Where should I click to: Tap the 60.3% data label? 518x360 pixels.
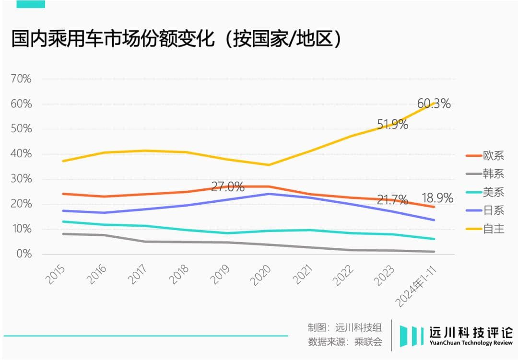434,104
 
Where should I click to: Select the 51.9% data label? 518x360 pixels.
392,125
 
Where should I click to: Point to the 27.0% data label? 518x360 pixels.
228,187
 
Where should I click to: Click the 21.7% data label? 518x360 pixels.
392,199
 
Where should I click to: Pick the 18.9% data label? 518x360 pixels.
437,198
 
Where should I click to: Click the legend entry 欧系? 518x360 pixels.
493,156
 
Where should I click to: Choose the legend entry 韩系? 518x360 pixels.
493,174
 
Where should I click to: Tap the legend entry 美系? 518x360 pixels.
493,192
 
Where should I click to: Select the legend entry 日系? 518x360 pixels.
493,210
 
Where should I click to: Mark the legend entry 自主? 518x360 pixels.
493,229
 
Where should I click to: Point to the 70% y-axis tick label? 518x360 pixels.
21,79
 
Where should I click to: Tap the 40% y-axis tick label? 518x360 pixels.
21,154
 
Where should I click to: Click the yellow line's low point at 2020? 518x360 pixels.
269,165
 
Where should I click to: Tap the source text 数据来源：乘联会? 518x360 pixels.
345,342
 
